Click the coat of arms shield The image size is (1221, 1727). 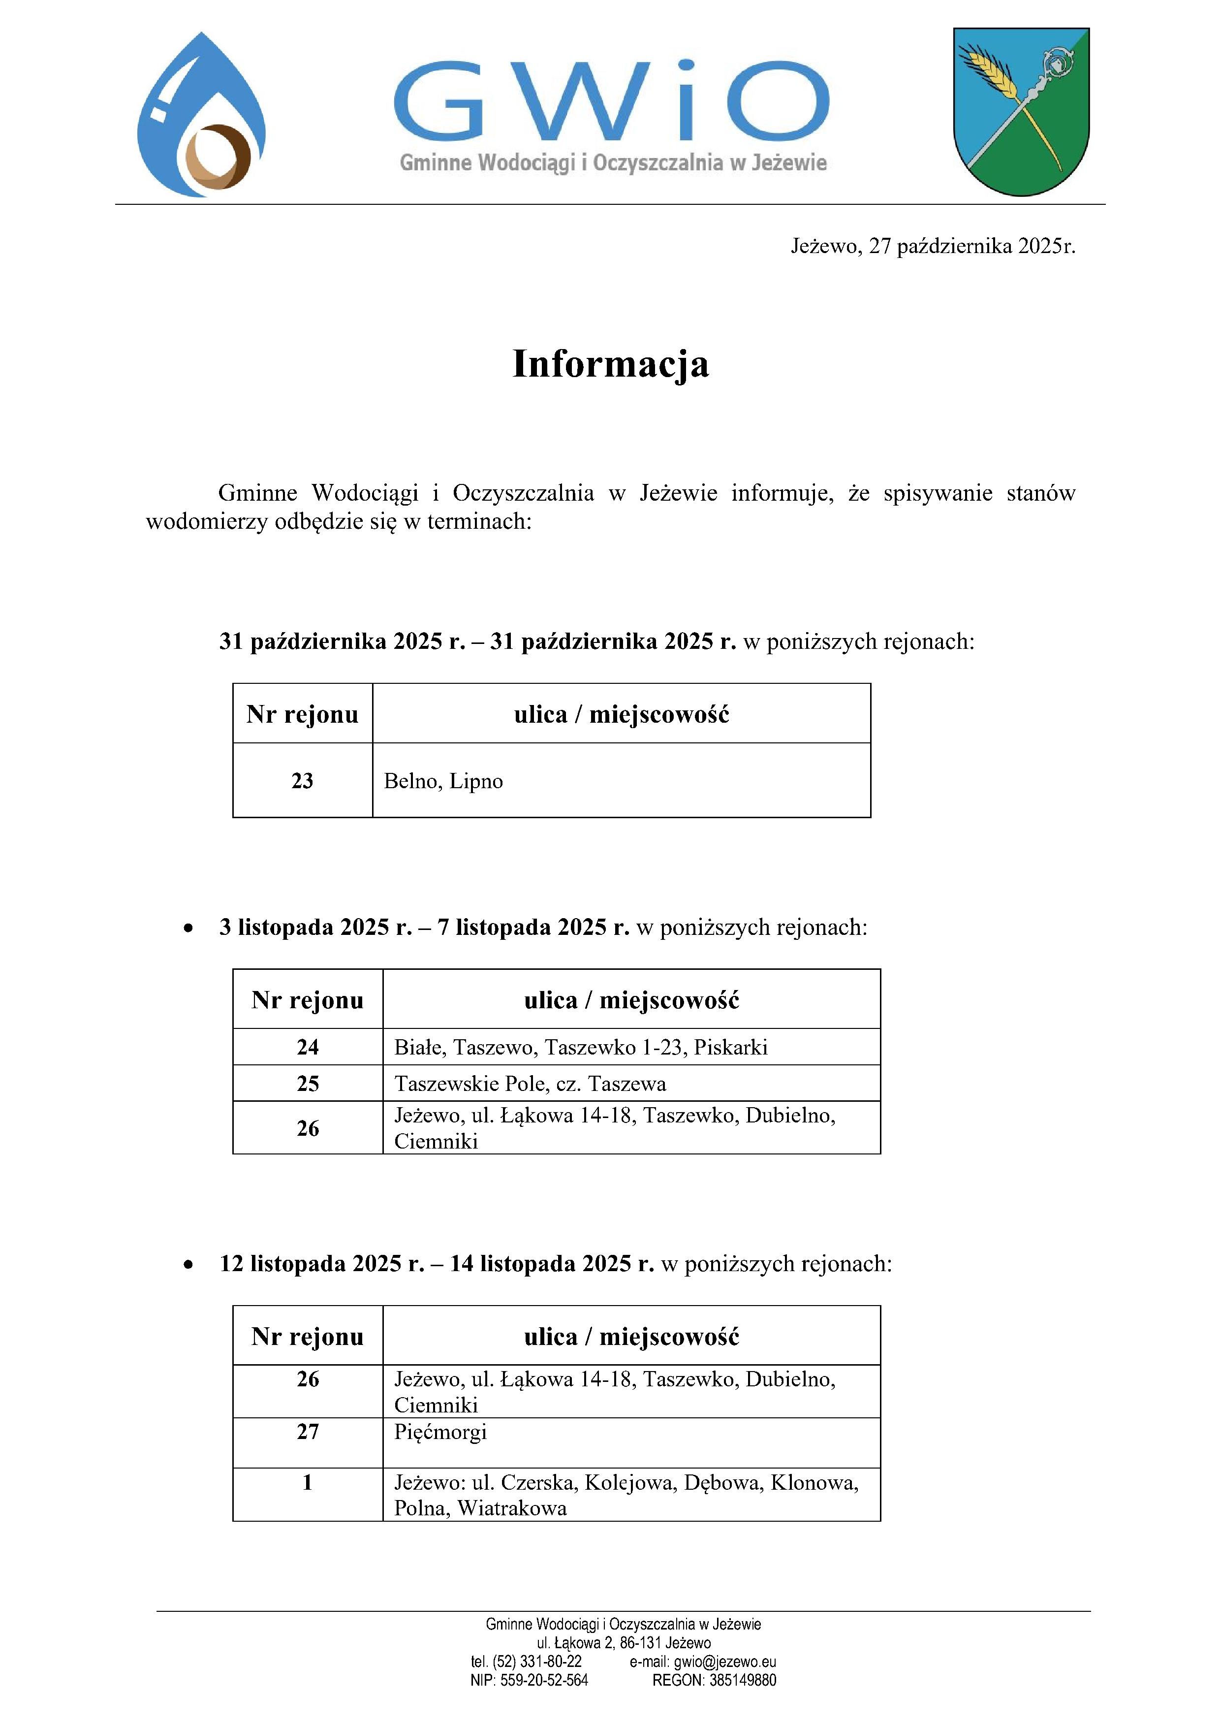pos(1021,111)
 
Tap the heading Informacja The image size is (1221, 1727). pos(610,364)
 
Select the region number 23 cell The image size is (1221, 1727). pos(302,781)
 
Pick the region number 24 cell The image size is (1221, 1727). pos(308,1047)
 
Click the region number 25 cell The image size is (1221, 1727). pos(308,1084)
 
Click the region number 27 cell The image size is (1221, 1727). pos(308,1432)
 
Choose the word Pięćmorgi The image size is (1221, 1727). pos(440,1432)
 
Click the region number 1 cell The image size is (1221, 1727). pos(308,1482)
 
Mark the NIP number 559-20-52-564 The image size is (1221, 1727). pos(544,1680)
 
